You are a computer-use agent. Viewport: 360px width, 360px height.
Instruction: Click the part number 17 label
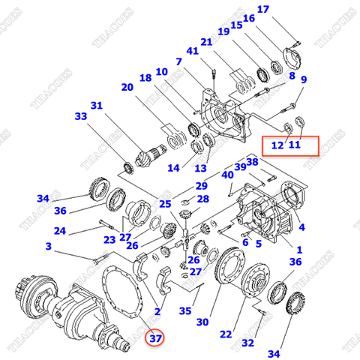[x=262, y=9]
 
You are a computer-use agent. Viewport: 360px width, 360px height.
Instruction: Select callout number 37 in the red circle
[x=155, y=338]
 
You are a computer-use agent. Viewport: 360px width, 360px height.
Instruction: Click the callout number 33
[x=80, y=116]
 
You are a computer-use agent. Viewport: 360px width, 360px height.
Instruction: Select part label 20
[x=127, y=87]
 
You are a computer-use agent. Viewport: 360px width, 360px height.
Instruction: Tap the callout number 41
[x=195, y=52]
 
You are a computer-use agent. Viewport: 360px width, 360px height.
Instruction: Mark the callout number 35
[x=184, y=310]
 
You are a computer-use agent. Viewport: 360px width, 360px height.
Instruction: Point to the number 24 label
[x=60, y=231]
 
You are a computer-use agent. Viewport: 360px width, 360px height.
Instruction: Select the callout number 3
[x=48, y=246]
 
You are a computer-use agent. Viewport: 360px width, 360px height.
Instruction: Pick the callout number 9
[x=304, y=79]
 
